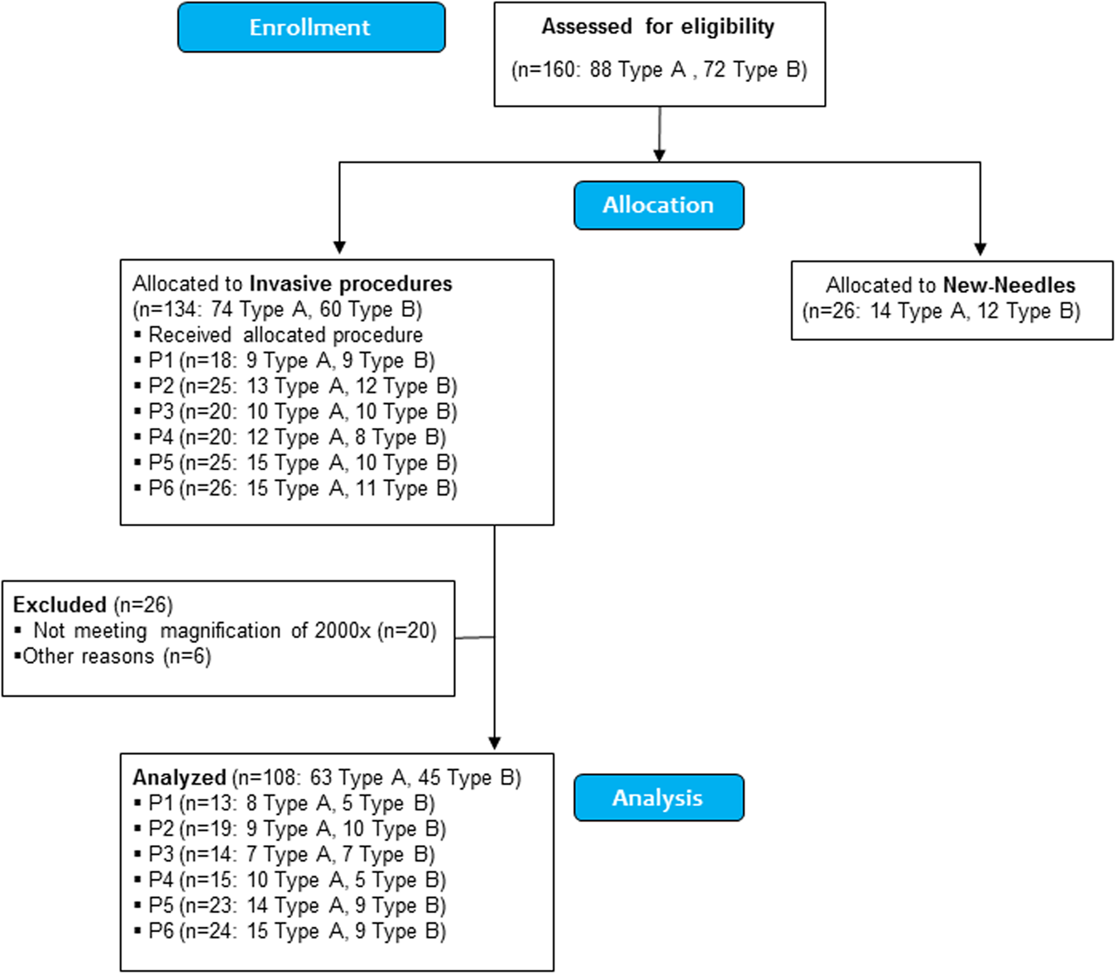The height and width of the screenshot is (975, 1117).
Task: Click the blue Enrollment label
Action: [311, 27]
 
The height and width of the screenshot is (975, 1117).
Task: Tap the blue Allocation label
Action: [659, 205]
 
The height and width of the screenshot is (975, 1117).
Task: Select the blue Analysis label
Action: [659, 798]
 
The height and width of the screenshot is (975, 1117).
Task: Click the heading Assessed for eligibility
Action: [659, 26]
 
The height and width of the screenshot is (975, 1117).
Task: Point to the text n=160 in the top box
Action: [546, 70]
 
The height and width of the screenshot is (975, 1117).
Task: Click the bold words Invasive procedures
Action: [351, 284]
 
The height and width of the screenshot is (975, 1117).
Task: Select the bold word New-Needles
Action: [1009, 286]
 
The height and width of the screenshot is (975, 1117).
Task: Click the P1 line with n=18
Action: [291, 361]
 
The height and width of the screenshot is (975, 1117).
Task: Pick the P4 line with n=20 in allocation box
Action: [296, 437]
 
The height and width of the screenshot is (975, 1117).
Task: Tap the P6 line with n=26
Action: [302, 488]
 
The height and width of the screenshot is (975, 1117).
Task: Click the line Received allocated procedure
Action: [285, 335]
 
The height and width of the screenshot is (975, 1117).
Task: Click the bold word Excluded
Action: [60, 605]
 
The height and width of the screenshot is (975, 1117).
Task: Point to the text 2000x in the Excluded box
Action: [342, 631]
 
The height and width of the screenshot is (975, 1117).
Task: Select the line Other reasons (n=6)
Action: [116, 656]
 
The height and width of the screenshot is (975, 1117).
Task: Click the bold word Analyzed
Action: [180, 778]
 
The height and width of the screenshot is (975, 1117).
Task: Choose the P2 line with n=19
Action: [296, 829]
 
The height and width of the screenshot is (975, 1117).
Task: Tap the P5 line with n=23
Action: [296, 905]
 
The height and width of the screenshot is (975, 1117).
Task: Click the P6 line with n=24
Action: [296, 931]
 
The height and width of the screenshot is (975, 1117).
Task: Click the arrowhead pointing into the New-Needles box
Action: [980, 249]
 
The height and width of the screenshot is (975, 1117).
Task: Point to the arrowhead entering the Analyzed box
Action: [495, 742]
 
